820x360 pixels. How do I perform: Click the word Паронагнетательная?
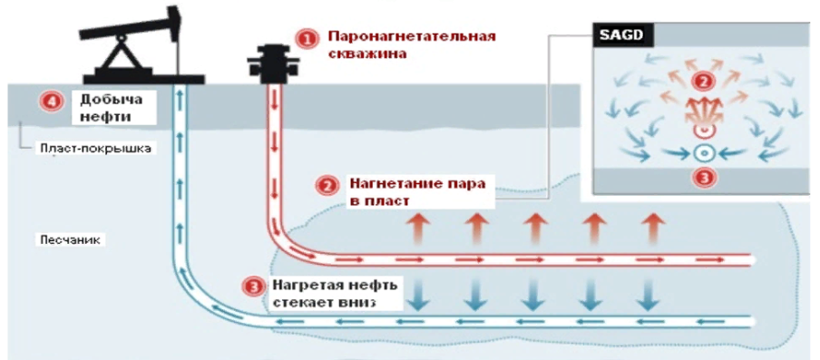point(411,37)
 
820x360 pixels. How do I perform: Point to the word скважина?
point(364,54)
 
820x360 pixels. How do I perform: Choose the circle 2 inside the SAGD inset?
point(699,81)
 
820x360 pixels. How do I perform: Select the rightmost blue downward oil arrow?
point(648,293)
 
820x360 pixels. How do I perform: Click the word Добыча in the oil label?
point(102,100)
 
